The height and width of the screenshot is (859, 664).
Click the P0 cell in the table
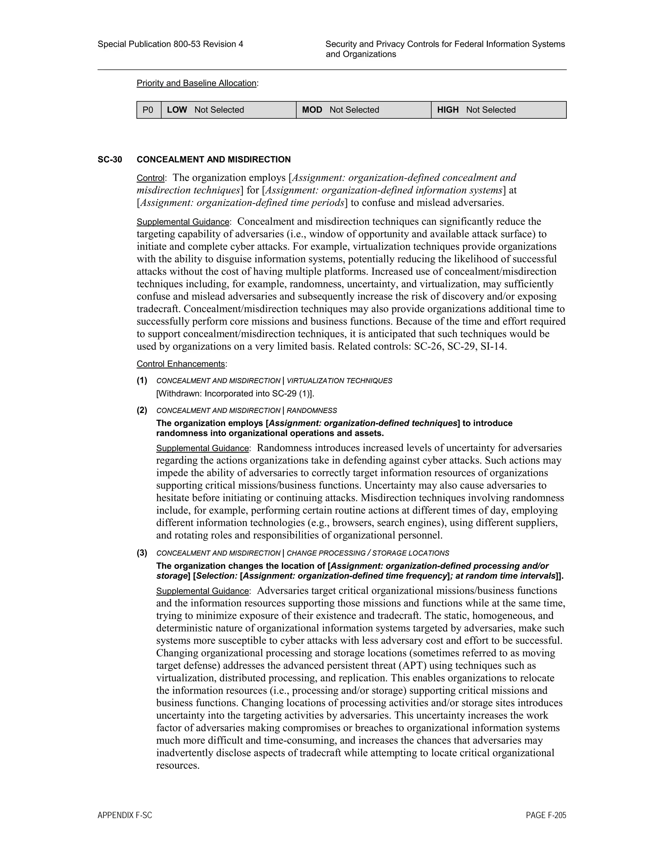[x=148, y=110]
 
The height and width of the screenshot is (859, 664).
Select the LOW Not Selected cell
[x=228, y=110]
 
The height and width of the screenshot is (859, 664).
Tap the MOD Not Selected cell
[x=363, y=110]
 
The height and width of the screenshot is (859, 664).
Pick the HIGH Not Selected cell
[x=498, y=110]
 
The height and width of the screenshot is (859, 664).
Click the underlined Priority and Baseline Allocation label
[x=196, y=83]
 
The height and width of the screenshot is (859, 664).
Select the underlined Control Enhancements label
[x=181, y=364]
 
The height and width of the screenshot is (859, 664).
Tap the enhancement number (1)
[x=142, y=380]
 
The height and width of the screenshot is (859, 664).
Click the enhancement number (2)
[x=142, y=410]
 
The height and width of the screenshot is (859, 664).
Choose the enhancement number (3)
[x=142, y=553]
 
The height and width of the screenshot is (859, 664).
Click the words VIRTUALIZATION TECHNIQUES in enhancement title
[x=339, y=381]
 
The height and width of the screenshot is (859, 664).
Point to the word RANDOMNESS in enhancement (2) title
[x=312, y=411]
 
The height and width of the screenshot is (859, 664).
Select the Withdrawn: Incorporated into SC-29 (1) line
[x=235, y=394]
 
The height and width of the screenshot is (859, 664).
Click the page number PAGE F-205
[x=546, y=815]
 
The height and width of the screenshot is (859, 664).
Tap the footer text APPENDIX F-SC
[x=125, y=815]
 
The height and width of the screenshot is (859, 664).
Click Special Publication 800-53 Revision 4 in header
[x=170, y=44]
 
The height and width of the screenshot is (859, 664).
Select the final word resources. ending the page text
[x=178, y=765]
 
